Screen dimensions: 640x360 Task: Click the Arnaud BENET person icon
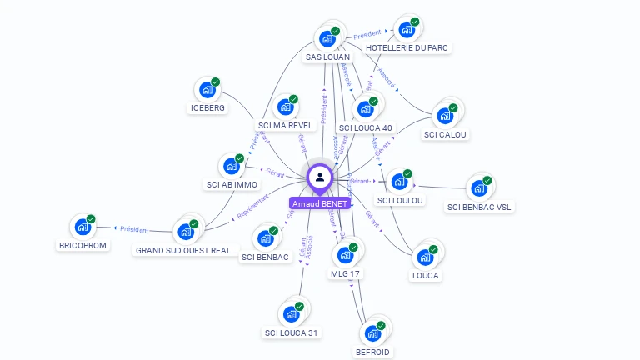tap(320, 177)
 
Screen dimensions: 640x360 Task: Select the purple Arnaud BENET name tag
tap(320, 203)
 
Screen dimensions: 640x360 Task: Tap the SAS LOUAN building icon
tap(327, 39)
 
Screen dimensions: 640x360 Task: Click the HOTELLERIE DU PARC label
tap(407, 48)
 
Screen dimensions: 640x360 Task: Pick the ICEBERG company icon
tap(206, 90)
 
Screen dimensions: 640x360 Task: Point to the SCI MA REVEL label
tap(285, 126)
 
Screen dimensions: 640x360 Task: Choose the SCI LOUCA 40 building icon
tap(364, 109)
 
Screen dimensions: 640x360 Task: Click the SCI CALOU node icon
tap(445, 116)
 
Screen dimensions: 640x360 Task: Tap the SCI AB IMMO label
tap(232, 184)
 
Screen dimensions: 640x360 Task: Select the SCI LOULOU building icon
tap(399, 182)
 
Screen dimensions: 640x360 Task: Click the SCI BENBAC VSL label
tap(479, 207)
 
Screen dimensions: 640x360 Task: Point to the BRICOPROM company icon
tap(82, 226)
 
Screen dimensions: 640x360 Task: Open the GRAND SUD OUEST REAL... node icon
tap(185, 231)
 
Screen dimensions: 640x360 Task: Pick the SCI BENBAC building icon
tap(265, 238)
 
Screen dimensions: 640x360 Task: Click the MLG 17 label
tap(345, 273)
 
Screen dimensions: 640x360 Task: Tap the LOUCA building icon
tap(425, 257)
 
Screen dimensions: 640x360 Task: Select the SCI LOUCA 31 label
tap(292, 332)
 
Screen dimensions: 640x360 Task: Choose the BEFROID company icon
tap(372, 333)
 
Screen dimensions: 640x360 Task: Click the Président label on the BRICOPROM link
tap(133, 229)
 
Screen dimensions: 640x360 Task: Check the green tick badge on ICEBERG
tap(215, 82)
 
